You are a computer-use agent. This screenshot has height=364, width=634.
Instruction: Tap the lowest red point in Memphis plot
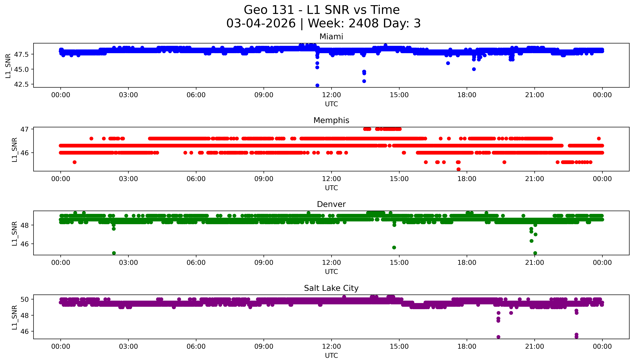click(x=458, y=169)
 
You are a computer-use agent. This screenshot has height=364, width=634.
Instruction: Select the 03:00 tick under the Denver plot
click(x=128, y=263)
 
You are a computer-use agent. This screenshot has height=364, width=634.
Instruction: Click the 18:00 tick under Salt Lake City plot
click(x=467, y=346)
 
